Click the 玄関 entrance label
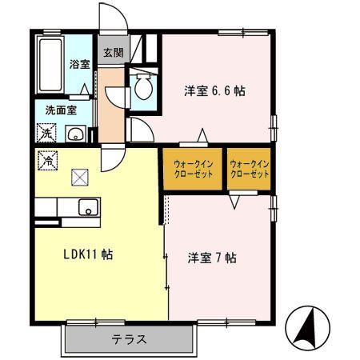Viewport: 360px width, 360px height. (x=111, y=54)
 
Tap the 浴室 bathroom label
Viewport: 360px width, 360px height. (x=78, y=64)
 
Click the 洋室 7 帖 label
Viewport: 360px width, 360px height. (x=212, y=258)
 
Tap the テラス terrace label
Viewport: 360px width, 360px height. (x=128, y=339)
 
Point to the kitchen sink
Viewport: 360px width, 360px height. (x=86, y=210)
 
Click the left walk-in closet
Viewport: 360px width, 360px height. (x=193, y=169)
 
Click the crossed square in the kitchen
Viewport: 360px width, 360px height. (x=80, y=178)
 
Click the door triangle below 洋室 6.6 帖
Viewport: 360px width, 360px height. (x=204, y=134)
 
